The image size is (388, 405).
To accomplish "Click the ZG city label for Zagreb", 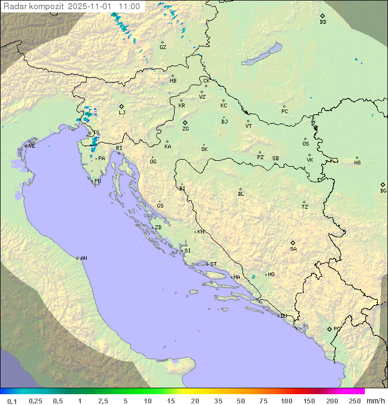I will [x=185, y=129].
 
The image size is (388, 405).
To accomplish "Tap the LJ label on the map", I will [x=122, y=113].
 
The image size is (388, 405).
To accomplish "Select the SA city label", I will [x=293, y=249].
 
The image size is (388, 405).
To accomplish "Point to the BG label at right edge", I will [x=383, y=190].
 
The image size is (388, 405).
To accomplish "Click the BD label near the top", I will [x=323, y=22].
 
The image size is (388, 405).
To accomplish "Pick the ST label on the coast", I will [x=213, y=264].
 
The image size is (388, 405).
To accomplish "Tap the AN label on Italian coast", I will [x=84, y=258].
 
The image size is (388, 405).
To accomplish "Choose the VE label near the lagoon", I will [x=32, y=146].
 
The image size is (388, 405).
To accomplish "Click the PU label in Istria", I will [x=98, y=181].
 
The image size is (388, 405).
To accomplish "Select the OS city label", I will [x=306, y=144].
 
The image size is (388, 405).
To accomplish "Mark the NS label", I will [x=357, y=163].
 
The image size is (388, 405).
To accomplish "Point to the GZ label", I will [x=163, y=47].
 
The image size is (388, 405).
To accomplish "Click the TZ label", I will [x=305, y=207].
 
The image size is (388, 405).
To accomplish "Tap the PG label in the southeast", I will [x=337, y=328].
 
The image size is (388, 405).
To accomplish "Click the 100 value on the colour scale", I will [x=286, y=401].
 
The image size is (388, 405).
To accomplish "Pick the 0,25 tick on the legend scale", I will [x=36, y=401].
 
